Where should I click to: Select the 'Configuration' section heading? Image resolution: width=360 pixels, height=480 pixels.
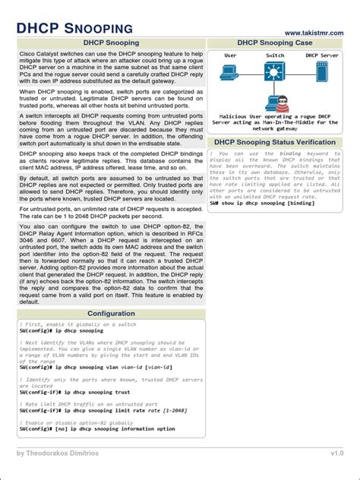[x=111, y=313]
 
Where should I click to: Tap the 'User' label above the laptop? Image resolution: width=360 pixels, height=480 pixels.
[x=231, y=55]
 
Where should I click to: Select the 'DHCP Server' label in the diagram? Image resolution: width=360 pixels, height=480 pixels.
[x=322, y=55]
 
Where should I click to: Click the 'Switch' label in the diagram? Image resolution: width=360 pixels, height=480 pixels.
[x=275, y=55]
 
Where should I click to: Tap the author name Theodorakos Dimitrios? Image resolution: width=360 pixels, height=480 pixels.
[x=68, y=453]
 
